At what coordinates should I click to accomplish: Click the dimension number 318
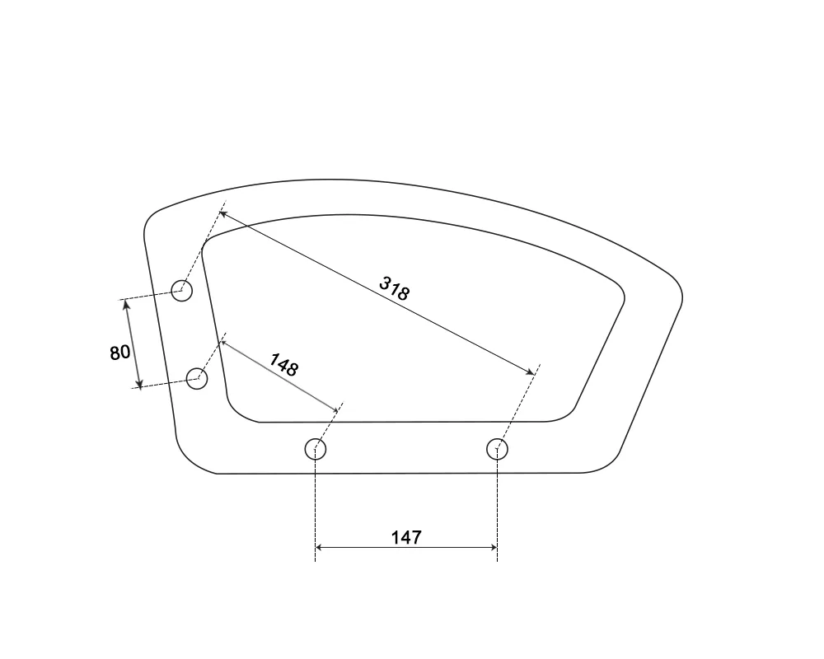[394, 288]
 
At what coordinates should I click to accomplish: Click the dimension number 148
[283, 365]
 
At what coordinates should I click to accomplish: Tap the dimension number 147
[406, 538]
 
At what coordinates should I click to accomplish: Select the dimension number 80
[119, 352]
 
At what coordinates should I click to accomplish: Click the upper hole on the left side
[182, 291]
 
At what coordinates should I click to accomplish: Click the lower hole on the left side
[197, 378]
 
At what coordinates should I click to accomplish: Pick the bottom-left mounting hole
[316, 449]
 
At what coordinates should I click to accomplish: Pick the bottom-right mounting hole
[497, 449]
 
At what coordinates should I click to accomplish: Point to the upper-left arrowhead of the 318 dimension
[222, 214]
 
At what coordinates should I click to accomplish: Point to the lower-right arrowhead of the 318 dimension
[530, 372]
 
